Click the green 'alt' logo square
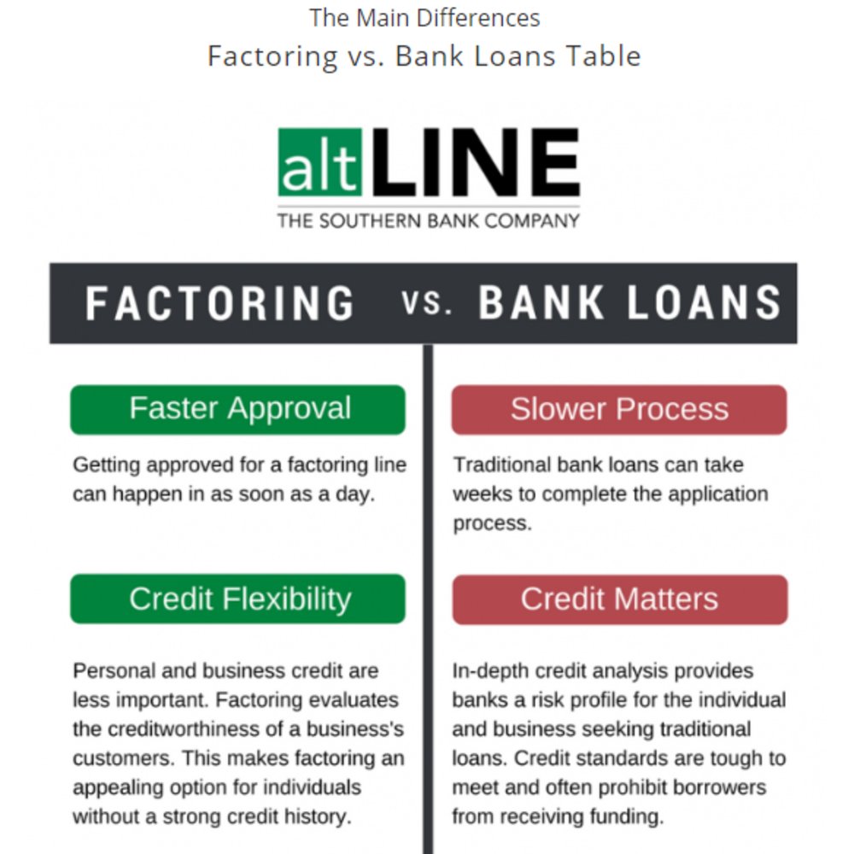[319, 162]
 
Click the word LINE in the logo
[476, 162]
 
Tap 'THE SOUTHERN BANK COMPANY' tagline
[428, 221]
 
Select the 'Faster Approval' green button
[238, 410]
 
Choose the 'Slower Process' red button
[619, 410]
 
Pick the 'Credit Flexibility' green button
[238, 599]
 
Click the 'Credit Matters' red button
[620, 600]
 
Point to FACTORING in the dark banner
[220, 303]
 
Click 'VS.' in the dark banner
[426, 304]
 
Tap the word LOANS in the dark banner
[705, 303]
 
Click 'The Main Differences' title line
[424, 18]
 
